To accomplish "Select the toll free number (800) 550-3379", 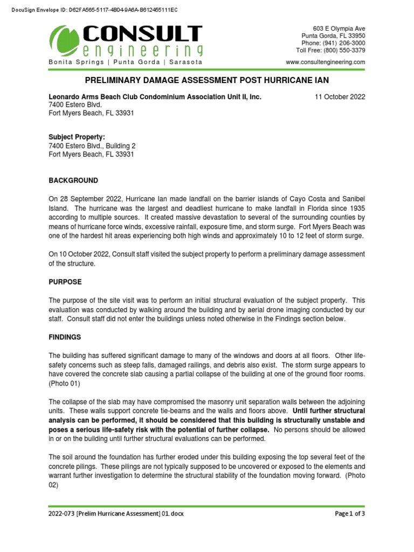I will click(x=330, y=50).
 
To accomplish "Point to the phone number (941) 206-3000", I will click(x=333, y=43).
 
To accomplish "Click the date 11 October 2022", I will click(x=340, y=97).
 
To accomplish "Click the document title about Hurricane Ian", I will click(x=207, y=80).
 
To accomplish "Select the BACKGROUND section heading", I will click(x=73, y=180).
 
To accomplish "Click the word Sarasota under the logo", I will click(x=186, y=62).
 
